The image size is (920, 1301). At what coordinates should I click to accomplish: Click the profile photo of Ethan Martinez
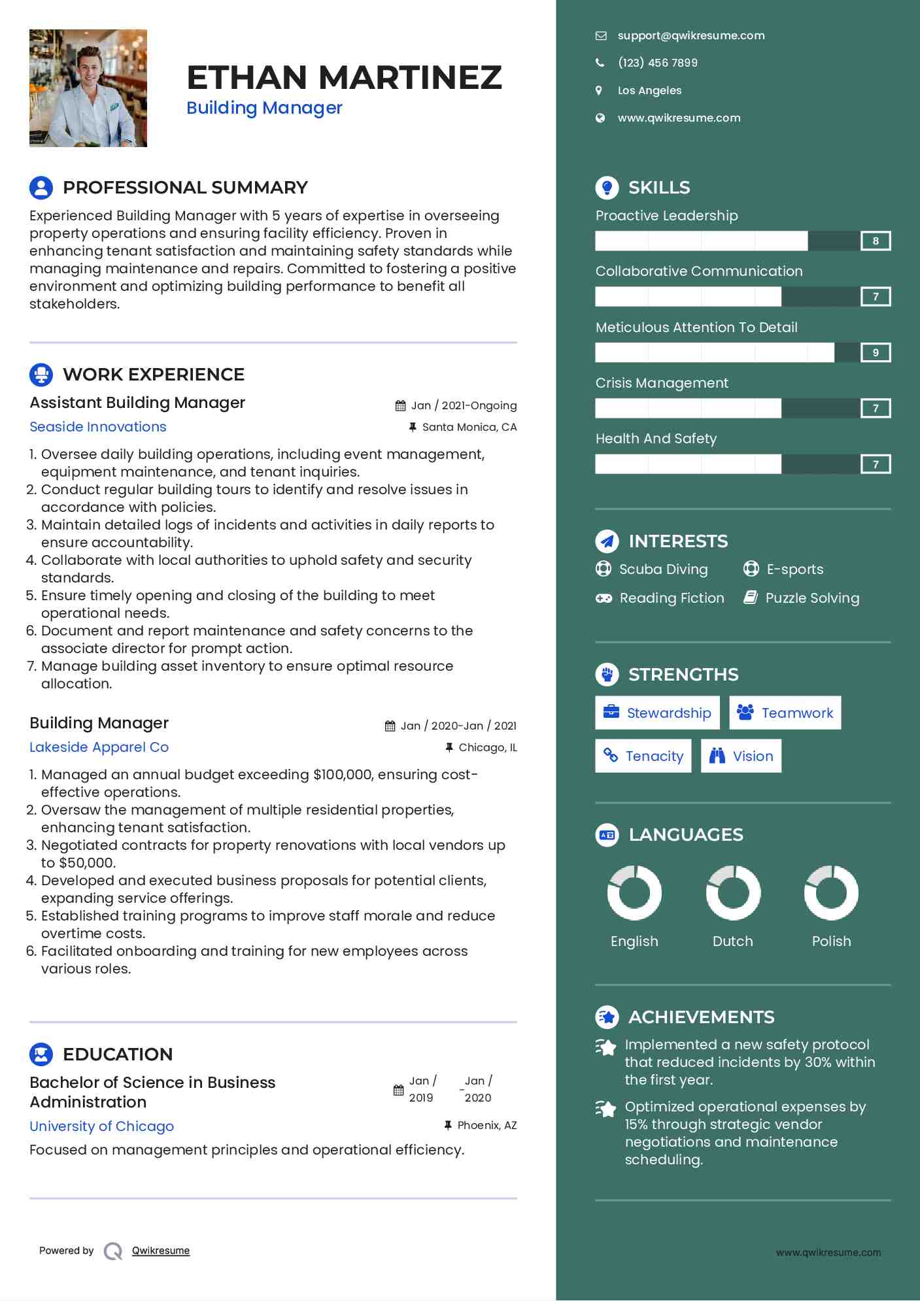(x=88, y=88)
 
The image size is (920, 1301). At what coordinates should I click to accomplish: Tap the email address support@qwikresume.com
(x=690, y=36)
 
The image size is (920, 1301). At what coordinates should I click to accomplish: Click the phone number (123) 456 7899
(x=657, y=63)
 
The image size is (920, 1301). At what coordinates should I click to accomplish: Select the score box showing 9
(x=876, y=353)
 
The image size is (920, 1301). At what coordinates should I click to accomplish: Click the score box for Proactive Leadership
(x=876, y=241)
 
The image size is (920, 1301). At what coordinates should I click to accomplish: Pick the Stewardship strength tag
(x=657, y=713)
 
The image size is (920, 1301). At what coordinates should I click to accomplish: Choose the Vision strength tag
(x=741, y=756)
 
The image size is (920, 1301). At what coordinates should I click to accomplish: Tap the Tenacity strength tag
(x=643, y=756)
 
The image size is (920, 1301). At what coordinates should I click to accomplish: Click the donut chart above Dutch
(x=733, y=892)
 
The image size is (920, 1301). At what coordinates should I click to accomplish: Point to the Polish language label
(x=831, y=941)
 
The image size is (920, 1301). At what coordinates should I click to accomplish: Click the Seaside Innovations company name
(x=98, y=427)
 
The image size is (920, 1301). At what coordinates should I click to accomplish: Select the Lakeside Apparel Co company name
(x=99, y=747)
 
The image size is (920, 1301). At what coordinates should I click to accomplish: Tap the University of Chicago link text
(x=102, y=1126)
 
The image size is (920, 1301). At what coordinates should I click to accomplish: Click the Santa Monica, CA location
(x=469, y=428)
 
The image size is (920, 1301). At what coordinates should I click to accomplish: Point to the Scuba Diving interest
(x=663, y=569)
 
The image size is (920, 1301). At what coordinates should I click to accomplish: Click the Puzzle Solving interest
(x=812, y=598)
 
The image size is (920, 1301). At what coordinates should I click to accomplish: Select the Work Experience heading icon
(x=41, y=375)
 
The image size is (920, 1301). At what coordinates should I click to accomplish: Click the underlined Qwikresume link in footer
(x=161, y=1251)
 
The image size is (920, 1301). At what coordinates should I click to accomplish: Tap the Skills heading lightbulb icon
(x=607, y=188)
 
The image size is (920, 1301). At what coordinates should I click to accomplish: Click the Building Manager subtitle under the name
(x=264, y=108)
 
